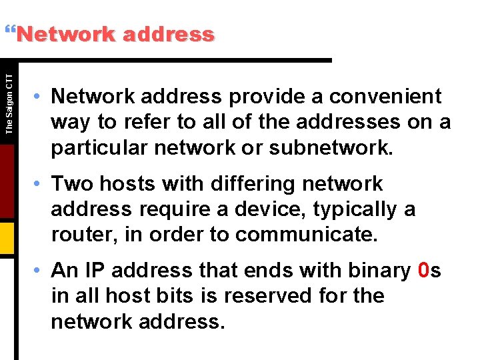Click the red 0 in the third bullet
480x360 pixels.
tap(423, 270)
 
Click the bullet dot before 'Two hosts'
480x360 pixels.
tap(41, 184)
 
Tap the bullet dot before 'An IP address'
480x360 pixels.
tap(41, 271)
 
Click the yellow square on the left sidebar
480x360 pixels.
tap(7, 234)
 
